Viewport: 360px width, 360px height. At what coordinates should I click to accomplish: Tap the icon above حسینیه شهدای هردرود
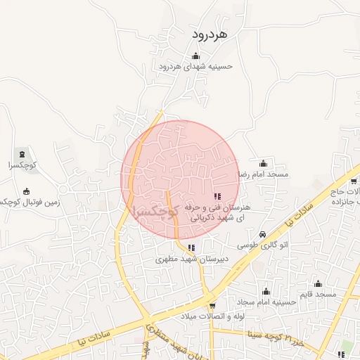click(x=195, y=57)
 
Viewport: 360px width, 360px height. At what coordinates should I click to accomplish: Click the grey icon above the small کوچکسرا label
click(x=22, y=154)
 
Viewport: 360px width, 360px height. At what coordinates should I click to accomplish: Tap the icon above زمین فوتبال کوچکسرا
click(x=27, y=191)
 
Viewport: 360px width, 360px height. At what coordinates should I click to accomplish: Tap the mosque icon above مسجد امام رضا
click(x=263, y=163)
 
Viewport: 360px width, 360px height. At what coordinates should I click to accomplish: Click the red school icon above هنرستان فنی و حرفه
click(x=216, y=198)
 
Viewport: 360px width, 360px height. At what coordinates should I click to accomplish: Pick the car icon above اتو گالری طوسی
click(x=262, y=234)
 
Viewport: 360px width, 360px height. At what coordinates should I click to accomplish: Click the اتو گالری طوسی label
click(x=262, y=245)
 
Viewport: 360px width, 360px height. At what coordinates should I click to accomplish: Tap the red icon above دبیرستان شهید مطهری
click(x=191, y=247)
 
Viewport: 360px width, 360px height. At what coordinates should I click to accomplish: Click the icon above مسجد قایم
click(x=318, y=283)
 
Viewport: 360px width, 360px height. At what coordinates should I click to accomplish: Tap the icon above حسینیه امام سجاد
click(x=266, y=291)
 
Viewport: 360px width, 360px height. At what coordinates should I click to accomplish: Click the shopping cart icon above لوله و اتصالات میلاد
click(x=212, y=306)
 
